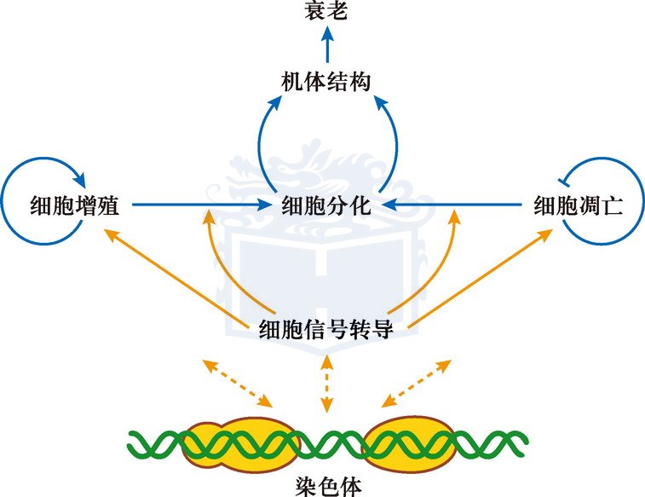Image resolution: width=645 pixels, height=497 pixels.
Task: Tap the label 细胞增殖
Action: point(73,205)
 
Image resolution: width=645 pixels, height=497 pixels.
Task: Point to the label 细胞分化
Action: point(325,205)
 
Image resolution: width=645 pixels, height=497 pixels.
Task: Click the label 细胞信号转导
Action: point(325,329)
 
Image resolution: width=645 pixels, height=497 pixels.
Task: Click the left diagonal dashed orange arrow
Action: point(237,383)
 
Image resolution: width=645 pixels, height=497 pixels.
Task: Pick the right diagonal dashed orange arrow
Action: point(416,383)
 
